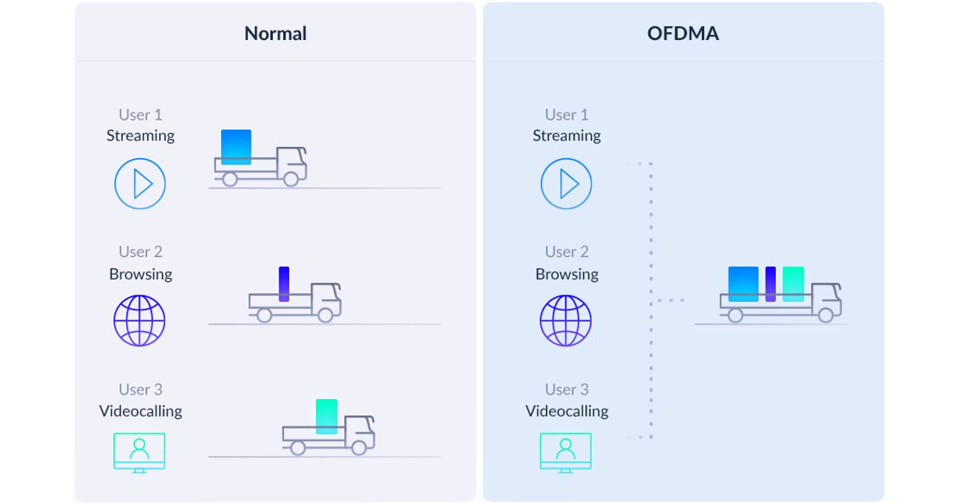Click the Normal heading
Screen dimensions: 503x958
pos(275,34)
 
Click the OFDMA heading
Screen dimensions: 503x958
pos(683,34)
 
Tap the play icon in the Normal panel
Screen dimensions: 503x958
pos(140,184)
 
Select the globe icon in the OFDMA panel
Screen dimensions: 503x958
pos(566,321)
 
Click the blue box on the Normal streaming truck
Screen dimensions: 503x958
pos(236,147)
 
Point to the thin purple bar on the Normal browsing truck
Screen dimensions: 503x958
pos(283,283)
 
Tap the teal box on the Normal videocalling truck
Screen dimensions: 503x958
pos(327,416)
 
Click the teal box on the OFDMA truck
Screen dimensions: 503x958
pos(794,283)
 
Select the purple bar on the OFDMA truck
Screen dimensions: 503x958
pos(770,283)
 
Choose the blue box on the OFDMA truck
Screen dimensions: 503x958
pos(743,283)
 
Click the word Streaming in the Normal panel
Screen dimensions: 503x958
pos(141,136)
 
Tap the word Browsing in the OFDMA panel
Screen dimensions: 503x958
pos(567,274)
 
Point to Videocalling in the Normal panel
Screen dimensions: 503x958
pos(141,411)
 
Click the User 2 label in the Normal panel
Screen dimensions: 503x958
pos(141,252)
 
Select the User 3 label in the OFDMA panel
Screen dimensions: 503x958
pos(567,390)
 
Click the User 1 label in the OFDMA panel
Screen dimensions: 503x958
pos(567,115)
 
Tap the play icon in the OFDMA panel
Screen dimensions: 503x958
pos(566,184)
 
